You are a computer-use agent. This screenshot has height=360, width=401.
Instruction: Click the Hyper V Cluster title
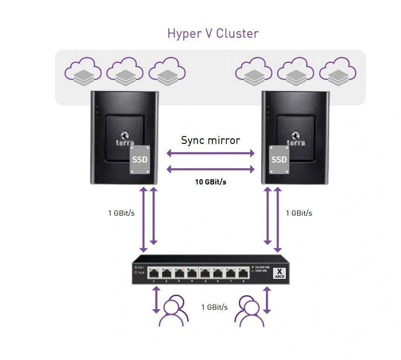pyautogui.click(x=212, y=34)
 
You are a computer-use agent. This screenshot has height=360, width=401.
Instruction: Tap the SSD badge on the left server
pyautogui.click(x=140, y=159)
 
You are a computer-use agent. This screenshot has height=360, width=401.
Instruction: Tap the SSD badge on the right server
pyautogui.click(x=279, y=159)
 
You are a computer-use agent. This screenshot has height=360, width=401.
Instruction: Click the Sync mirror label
pyautogui.click(x=211, y=140)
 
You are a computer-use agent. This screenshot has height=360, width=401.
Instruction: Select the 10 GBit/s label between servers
pyautogui.click(x=211, y=182)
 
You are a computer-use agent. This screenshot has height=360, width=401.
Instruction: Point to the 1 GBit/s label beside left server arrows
pyautogui.click(x=121, y=213)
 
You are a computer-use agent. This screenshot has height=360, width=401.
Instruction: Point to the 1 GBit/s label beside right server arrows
pyautogui.click(x=299, y=213)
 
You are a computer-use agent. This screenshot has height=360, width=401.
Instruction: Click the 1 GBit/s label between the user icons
pyautogui.click(x=214, y=307)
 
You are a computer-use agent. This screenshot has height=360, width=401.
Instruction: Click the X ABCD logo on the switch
pyautogui.click(x=279, y=272)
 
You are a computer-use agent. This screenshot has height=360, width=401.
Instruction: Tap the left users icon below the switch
pyautogui.click(x=173, y=310)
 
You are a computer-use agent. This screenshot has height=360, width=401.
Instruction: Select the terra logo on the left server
pyautogui.click(x=124, y=138)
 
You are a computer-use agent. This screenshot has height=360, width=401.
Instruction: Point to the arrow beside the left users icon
pyautogui.click(x=156, y=300)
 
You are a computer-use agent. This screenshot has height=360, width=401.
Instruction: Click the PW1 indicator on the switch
pyautogui.click(x=138, y=267)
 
